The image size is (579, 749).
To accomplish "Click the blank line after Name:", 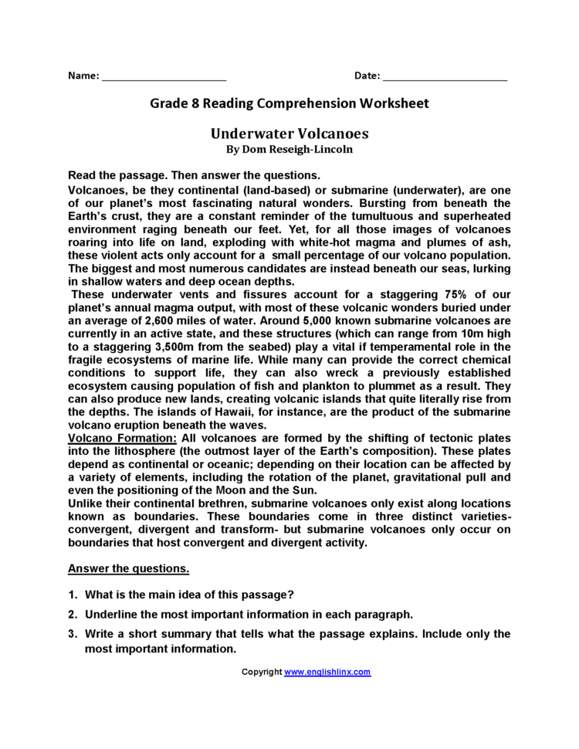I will point(164,78).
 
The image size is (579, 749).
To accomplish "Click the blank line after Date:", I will point(445,78).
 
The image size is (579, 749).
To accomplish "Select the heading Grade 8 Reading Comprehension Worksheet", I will point(289,103).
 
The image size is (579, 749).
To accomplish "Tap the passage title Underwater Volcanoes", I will point(289,134).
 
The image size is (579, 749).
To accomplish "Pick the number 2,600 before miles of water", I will point(146,320).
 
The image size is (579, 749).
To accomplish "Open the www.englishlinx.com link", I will point(327,672).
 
